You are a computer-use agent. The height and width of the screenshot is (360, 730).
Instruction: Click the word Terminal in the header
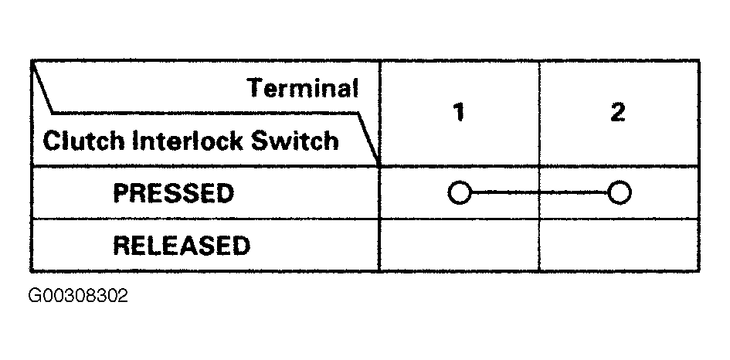point(303,88)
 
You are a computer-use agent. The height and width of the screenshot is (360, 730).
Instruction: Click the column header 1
point(459,112)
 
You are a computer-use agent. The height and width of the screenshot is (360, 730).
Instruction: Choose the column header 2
point(618,112)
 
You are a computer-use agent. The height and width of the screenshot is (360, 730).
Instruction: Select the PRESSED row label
point(173,193)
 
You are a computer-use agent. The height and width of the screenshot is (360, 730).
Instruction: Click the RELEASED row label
point(182,246)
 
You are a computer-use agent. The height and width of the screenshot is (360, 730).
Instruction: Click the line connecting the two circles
point(540,192)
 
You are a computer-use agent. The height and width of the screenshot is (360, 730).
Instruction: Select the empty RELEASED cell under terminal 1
point(460,246)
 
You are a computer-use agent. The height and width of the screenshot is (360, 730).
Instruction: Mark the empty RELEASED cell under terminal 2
point(619,246)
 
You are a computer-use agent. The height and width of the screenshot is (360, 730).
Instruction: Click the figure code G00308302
point(78,296)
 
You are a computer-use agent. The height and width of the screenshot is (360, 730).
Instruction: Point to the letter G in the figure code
point(36,296)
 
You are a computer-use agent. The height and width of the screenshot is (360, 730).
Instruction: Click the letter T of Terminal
point(256,88)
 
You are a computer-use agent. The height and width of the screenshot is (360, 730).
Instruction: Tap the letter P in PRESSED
point(121,193)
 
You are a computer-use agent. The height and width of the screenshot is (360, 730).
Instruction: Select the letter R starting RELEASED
point(122,246)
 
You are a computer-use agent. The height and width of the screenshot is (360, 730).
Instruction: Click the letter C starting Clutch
point(53,140)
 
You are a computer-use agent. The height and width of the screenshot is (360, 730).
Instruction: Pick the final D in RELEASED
point(241,246)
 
